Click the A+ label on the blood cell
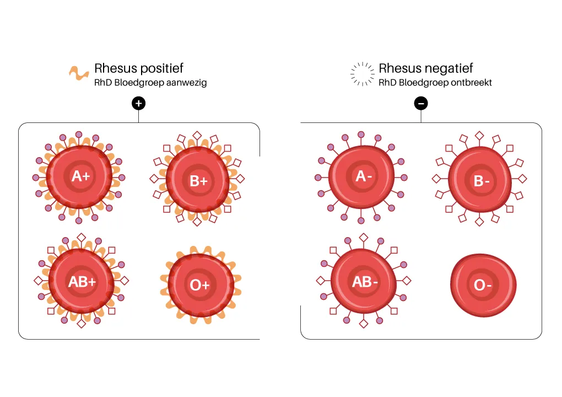click(80, 176)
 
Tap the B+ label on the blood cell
click(198, 180)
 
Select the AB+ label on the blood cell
click(82, 282)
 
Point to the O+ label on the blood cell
click(200, 285)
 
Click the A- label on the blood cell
click(361, 176)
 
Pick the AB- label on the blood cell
click(365, 282)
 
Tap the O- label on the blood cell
click(483, 285)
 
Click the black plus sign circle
click(138, 103)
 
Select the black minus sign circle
click(421, 103)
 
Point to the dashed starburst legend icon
click(362, 74)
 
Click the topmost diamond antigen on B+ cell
click(197, 135)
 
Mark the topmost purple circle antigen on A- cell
click(361, 134)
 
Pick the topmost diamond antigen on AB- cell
click(363, 238)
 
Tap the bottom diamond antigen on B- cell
click(480, 222)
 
